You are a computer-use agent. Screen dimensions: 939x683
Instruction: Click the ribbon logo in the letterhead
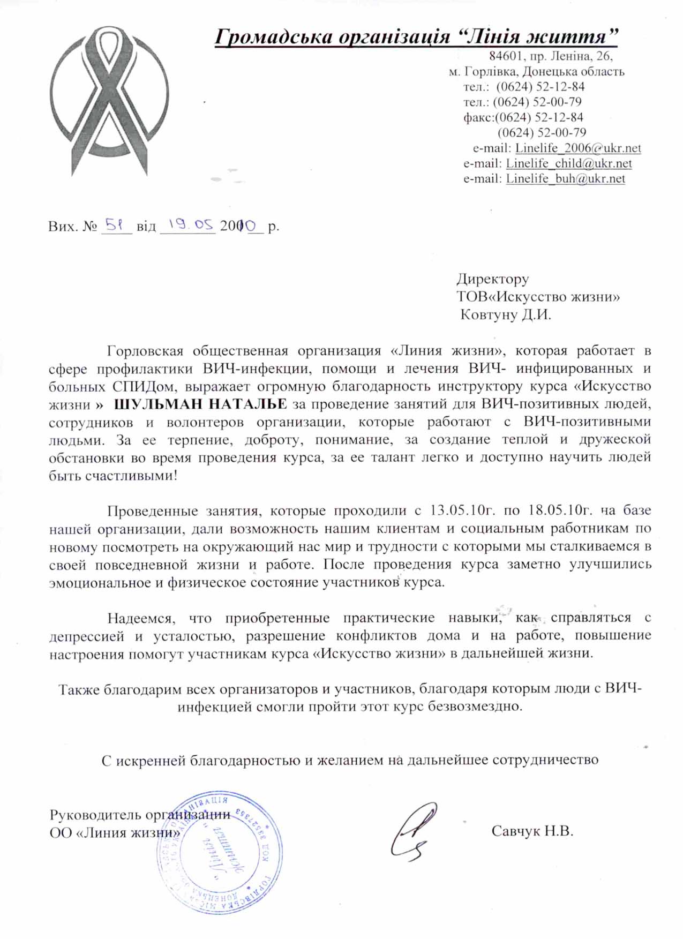click(x=109, y=102)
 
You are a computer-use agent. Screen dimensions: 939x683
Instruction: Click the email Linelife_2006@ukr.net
click(x=578, y=148)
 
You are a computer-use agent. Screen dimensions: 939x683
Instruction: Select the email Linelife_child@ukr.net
click(x=569, y=163)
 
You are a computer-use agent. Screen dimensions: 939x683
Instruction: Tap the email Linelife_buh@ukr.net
click(x=565, y=179)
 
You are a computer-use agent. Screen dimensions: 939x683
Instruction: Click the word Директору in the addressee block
click(x=492, y=279)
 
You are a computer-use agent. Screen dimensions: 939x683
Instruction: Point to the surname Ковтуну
click(x=488, y=314)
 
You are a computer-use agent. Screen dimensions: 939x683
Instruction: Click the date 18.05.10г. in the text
click(x=559, y=510)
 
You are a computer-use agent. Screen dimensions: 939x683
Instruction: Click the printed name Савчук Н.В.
click(x=532, y=831)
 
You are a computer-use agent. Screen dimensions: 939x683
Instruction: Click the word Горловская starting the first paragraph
click(x=145, y=351)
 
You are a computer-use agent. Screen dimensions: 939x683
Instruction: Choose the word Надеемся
click(x=141, y=618)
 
